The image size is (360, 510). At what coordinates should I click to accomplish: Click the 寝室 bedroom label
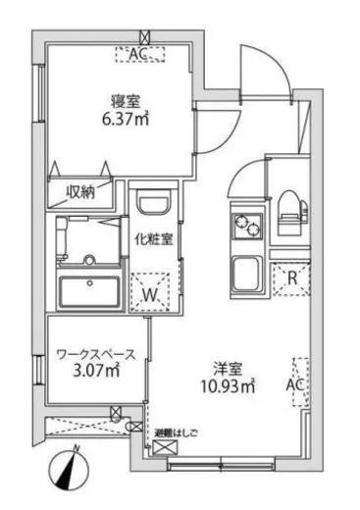tap(124, 100)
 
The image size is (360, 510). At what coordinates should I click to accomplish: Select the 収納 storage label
tap(81, 192)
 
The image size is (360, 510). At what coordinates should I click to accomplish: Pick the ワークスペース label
tap(94, 352)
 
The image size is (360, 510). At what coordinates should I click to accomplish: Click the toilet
tap(292, 212)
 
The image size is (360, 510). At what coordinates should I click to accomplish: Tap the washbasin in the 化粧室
tap(155, 208)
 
